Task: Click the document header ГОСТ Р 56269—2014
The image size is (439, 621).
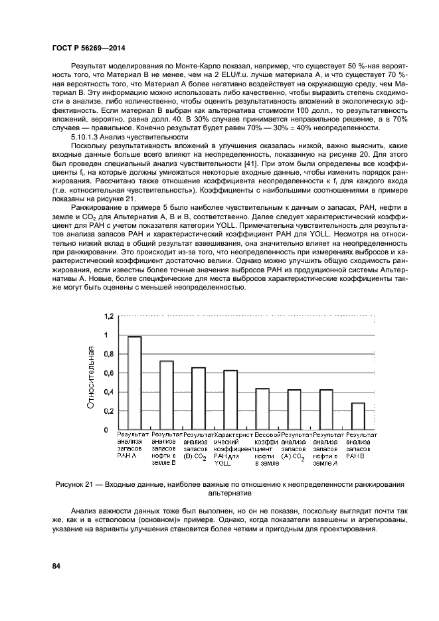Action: coord(88,48)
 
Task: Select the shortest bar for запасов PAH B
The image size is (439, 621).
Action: coord(358,416)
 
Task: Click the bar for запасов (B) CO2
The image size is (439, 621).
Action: coord(199,399)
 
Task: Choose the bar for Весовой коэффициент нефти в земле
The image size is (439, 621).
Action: coord(262,408)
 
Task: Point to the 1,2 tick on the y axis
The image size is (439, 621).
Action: coord(108,315)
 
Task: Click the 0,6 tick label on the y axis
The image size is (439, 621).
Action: coord(108,373)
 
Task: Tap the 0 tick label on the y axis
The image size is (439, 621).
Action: coord(106,430)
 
